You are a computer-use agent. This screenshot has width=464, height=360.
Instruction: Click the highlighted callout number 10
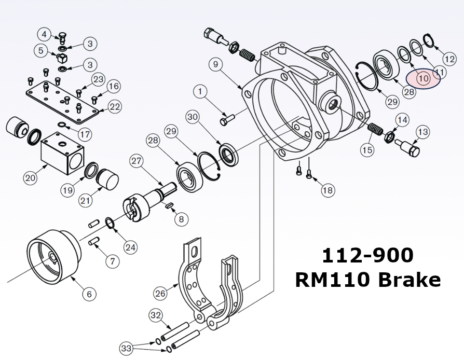[422, 79]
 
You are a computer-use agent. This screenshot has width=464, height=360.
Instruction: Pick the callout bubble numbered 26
[161, 293]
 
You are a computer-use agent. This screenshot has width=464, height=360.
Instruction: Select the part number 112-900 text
[367, 255]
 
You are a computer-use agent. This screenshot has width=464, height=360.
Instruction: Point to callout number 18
[327, 190]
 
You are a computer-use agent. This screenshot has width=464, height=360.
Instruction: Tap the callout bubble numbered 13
[422, 132]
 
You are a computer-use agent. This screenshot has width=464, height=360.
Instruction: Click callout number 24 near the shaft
[130, 247]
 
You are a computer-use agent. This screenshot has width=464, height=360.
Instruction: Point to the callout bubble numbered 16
[114, 86]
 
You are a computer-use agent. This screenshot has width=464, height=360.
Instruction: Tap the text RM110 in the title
[333, 280]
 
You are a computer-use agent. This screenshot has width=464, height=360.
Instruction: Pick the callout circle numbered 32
[155, 315]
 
